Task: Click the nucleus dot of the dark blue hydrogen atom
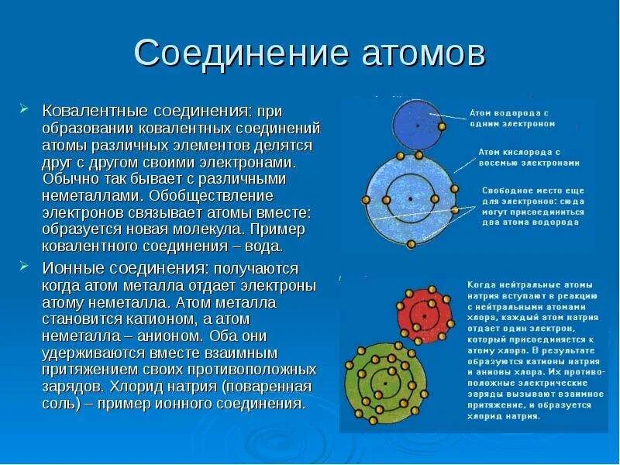point(417,123)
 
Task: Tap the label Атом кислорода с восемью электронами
point(529,157)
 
